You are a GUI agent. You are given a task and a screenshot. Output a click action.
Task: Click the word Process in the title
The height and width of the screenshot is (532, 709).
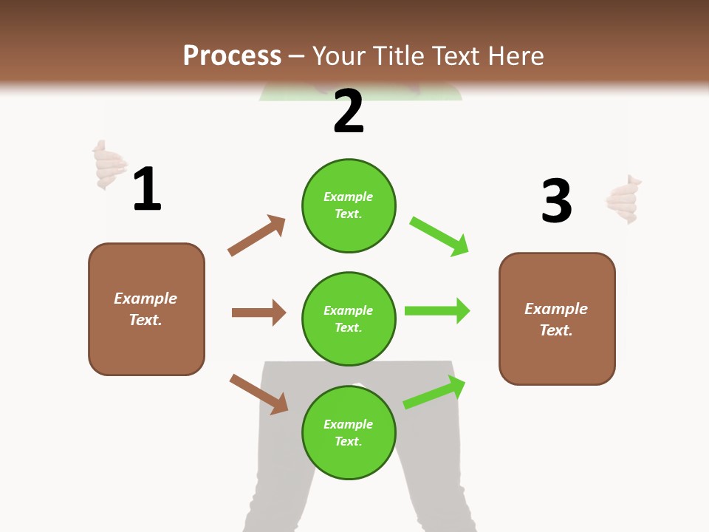pyautogui.click(x=232, y=56)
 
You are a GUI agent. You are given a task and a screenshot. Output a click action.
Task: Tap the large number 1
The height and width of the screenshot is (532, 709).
pyautogui.click(x=147, y=190)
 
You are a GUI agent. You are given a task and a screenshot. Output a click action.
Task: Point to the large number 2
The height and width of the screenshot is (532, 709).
pyautogui.click(x=349, y=112)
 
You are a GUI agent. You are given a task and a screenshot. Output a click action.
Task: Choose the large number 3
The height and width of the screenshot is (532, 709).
pyautogui.click(x=556, y=201)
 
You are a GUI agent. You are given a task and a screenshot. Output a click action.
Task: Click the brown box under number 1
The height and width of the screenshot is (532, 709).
pyautogui.click(x=146, y=309)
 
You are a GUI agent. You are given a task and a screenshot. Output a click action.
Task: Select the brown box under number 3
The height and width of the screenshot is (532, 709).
pyautogui.click(x=557, y=318)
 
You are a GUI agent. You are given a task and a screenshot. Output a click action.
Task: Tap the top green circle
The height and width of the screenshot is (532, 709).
pyautogui.click(x=349, y=205)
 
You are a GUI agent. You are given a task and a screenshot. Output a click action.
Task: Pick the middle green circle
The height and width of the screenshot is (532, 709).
pyautogui.click(x=349, y=318)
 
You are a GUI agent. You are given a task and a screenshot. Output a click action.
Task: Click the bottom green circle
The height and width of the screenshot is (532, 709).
pyautogui.click(x=349, y=432)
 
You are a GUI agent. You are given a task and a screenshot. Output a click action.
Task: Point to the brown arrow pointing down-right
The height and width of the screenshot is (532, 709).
pyautogui.click(x=258, y=394)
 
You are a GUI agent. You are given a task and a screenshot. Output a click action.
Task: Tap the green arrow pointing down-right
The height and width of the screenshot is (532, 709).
pyautogui.click(x=439, y=236)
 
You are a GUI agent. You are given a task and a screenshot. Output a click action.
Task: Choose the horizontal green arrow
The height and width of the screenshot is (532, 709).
pyautogui.click(x=437, y=310)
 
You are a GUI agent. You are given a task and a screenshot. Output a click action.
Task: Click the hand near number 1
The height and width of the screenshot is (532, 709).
pyautogui.click(x=109, y=165)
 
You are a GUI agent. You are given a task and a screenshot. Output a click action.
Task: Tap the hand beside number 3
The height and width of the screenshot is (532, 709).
pyautogui.click(x=623, y=199)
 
